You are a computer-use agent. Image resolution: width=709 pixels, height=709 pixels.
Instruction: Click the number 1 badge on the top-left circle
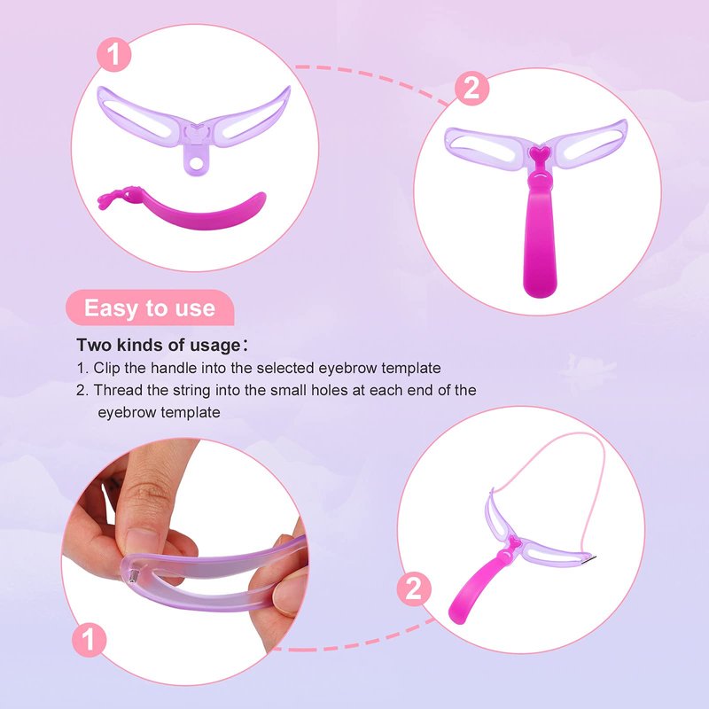(x=113, y=54)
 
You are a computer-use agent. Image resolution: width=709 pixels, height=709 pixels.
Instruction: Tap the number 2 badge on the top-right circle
(x=471, y=88)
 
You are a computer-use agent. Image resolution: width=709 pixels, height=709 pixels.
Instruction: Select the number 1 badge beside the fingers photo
(x=90, y=640)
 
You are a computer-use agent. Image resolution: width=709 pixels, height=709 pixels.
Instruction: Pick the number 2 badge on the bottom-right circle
(x=414, y=589)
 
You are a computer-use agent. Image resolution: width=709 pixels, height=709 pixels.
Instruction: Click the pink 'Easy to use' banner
(x=150, y=308)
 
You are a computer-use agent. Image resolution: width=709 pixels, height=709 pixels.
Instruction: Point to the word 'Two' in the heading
(x=94, y=345)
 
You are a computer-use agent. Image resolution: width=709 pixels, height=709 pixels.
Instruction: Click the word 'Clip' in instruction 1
(x=106, y=368)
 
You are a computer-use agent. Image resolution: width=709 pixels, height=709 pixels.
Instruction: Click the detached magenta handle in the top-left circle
(x=182, y=209)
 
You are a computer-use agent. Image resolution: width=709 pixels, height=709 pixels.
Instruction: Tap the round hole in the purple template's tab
(x=196, y=162)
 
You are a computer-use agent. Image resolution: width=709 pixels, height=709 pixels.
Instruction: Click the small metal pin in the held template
(x=135, y=576)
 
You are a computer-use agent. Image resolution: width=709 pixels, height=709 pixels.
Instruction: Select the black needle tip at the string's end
(x=590, y=558)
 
